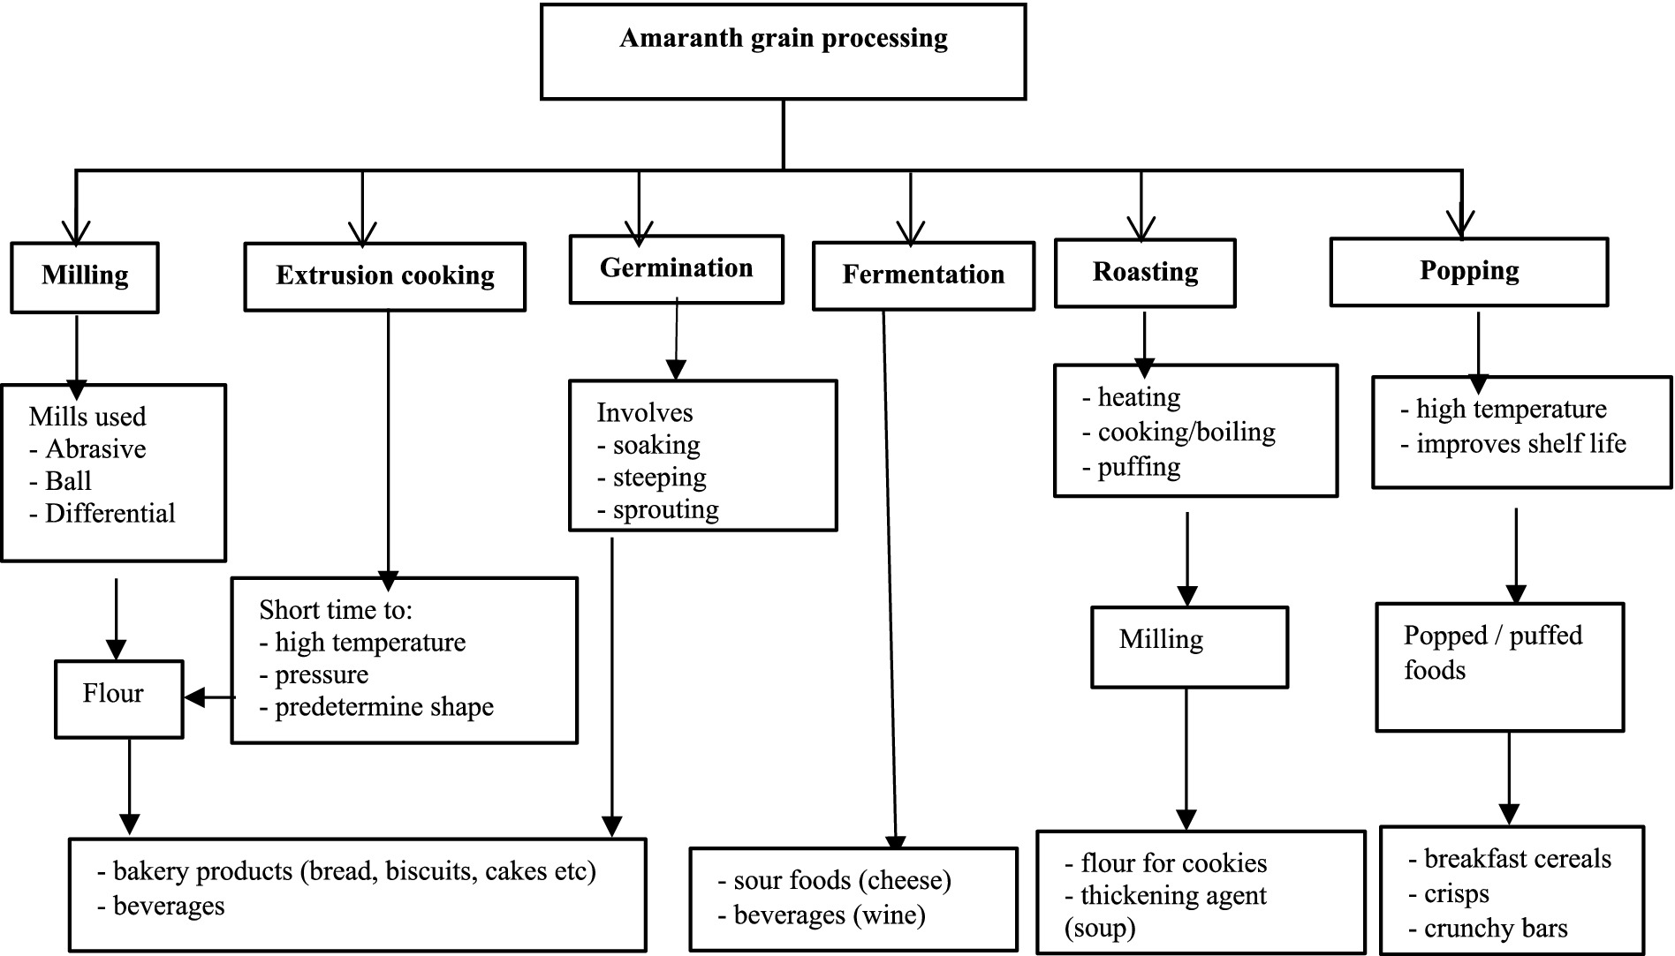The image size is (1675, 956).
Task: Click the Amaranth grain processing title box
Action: [783, 51]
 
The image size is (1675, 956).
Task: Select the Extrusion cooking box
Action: [384, 276]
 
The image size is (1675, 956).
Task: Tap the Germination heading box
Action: [676, 268]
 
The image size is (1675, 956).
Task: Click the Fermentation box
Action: [923, 275]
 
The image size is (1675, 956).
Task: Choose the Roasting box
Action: [1145, 273]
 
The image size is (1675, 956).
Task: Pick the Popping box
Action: [1468, 271]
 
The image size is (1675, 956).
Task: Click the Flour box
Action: [118, 698]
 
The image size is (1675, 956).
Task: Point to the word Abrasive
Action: [95, 449]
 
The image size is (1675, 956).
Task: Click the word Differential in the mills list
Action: [110, 514]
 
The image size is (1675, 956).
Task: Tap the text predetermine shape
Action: [383, 707]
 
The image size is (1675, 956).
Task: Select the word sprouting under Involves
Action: [665, 510]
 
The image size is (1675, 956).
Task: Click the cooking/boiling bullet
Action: [1186, 433]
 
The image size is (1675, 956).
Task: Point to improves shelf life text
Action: [1520, 444]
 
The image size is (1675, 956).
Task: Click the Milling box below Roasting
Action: [1189, 646]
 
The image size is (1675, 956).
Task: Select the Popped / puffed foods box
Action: [1499, 666]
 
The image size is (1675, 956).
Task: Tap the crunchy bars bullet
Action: [1495, 929]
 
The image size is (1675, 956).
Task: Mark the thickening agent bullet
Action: [1173, 896]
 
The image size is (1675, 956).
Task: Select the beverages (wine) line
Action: [829, 915]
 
